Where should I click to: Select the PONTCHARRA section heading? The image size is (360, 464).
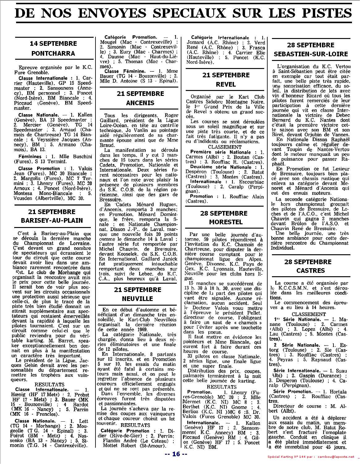tap(53, 53)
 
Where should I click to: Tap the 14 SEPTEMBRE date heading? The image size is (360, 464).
tap(53, 43)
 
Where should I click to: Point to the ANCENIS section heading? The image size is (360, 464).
tap(140, 102)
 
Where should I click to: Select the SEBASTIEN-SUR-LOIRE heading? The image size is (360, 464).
tap(311, 54)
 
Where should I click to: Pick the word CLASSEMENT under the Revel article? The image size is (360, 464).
tap(225, 147)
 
